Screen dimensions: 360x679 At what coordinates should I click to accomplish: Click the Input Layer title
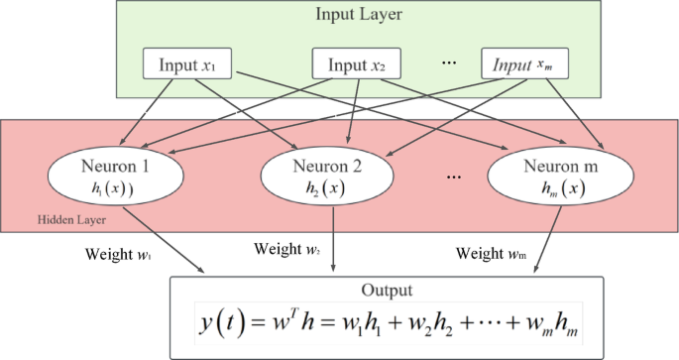(358, 14)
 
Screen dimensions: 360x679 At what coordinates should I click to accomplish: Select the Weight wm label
(491, 253)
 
